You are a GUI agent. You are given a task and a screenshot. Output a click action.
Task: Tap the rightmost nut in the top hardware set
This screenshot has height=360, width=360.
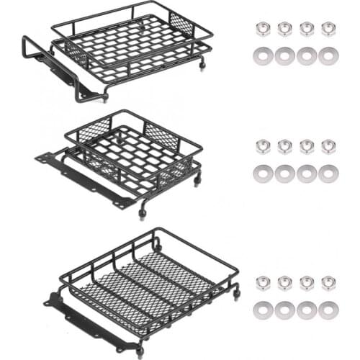click(x=328, y=29)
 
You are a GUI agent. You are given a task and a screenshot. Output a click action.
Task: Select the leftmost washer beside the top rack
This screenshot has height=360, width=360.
click(x=263, y=55)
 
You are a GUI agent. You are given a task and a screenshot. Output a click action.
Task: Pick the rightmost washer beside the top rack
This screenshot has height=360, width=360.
click(x=328, y=55)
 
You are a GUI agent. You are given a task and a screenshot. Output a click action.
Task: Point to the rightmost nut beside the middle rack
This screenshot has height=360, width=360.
click(x=328, y=147)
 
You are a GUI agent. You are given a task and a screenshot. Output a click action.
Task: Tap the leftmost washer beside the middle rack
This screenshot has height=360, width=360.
click(x=263, y=173)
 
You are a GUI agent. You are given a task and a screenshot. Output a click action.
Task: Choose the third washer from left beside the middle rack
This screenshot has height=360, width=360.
click(x=307, y=173)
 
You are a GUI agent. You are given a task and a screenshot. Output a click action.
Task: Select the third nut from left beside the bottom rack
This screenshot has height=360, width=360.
click(x=307, y=283)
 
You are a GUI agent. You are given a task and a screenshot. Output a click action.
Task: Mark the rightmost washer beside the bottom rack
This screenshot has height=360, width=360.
click(x=328, y=310)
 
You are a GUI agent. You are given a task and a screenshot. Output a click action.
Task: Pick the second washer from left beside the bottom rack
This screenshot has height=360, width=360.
click(x=285, y=310)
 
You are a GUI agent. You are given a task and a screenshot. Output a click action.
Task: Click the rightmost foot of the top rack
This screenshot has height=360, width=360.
click(x=202, y=65)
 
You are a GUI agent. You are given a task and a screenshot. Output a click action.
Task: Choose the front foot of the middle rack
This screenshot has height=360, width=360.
click(x=142, y=213)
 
